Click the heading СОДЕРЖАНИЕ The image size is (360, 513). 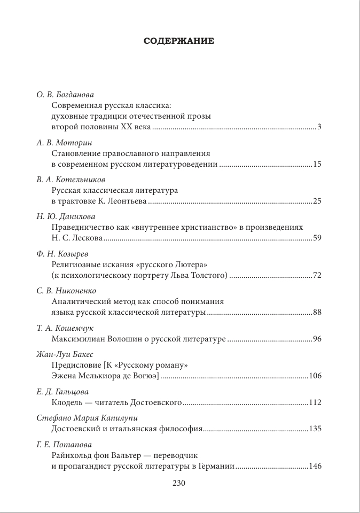[179, 41]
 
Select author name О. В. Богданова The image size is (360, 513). [68, 95]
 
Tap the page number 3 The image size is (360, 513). [319, 127]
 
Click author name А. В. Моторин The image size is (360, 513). [65, 143]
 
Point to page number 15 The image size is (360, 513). [317, 165]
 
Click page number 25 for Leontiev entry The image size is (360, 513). [317, 201]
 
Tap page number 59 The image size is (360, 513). [317, 238]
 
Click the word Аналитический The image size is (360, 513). [80, 301]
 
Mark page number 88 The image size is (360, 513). [317, 312]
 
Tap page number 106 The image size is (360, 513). [315, 376]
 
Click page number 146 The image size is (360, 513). [315, 466]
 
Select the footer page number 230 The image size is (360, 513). [178, 483]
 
